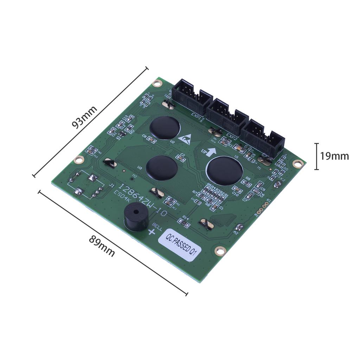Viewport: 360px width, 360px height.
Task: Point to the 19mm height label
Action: click(x=334, y=156)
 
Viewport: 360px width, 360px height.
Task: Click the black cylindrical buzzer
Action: click(x=136, y=219)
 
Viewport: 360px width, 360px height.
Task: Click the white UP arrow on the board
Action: click(x=211, y=152)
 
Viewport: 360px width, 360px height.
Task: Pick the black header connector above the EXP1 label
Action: click(x=192, y=96)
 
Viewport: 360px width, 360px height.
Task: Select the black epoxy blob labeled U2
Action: click(x=165, y=128)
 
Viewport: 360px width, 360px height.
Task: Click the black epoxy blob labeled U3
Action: click(x=161, y=168)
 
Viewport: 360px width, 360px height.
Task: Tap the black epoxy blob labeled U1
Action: click(x=224, y=171)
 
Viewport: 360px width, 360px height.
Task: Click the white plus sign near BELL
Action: click(x=152, y=232)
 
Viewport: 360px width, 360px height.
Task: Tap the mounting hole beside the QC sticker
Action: click(x=220, y=251)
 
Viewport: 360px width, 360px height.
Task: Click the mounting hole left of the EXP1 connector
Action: click(x=157, y=83)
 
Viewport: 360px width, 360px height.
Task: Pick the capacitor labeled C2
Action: click(x=182, y=159)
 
